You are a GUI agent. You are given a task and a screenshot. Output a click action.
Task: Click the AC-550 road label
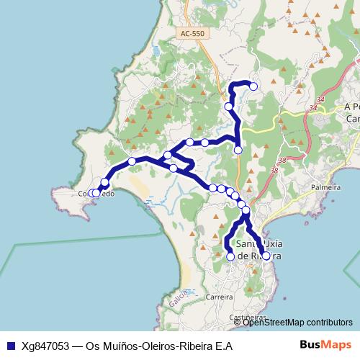192,34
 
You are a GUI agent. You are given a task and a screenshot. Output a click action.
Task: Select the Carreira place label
220,296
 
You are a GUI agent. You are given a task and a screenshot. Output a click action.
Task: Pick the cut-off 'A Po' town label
351,107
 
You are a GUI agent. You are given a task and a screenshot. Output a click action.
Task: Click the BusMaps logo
325,345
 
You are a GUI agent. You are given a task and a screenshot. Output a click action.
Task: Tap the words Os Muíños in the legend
110,346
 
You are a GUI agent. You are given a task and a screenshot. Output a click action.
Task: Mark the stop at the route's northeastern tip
253,86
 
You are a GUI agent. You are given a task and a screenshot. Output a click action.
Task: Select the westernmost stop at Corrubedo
90,193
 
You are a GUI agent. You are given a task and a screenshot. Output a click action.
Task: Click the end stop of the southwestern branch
230,256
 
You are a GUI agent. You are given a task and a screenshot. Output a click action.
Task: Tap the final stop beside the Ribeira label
266,256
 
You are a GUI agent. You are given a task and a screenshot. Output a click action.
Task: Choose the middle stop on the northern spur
229,107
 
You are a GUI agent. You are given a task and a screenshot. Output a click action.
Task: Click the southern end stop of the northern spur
238,150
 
